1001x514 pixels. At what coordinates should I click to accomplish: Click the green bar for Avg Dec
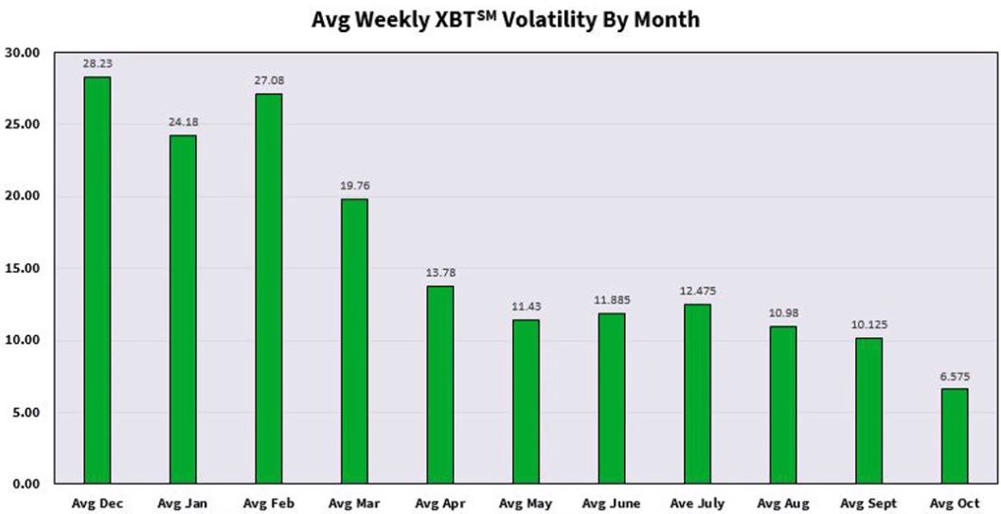[x=97, y=280]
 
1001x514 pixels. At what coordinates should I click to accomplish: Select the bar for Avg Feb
[x=268, y=289]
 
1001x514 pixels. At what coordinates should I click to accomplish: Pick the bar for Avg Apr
[x=439, y=384]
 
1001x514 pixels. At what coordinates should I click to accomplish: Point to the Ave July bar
[x=697, y=394]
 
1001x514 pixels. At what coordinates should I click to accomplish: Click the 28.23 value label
[x=97, y=63]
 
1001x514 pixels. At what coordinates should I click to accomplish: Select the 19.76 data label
[x=354, y=186]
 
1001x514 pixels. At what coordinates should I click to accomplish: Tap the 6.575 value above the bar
[x=954, y=376]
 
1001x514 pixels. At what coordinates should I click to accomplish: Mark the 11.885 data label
[x=611, y=300]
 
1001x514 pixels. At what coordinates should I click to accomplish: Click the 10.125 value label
[x=868, y=325]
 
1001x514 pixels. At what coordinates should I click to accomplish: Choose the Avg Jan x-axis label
[x=183, y=504]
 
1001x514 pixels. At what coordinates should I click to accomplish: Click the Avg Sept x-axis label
[x=868, y=504]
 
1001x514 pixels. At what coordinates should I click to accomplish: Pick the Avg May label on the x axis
[x=526, y=504]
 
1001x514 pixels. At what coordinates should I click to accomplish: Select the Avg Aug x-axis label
[x=783, y=504]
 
